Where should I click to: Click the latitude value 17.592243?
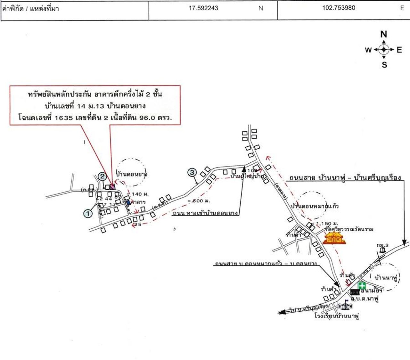[x=203, y=8]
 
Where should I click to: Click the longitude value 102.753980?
[x=339, y=8]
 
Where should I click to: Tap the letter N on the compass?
[x=383, y=34]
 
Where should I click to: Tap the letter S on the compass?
[x=384, y=65]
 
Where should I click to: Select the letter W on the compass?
[x=368, y=50]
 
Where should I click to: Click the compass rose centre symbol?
[x=384, y=50]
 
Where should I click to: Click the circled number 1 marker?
[x=88, y=213]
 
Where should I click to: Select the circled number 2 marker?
[x=102, y=176]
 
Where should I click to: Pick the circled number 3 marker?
[x=192, y=173]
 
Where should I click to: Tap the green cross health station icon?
[x=362, y=285]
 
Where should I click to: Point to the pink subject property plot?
[x=112, y=187]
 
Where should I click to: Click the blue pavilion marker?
[x=128, y=202]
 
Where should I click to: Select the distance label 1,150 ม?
[x=327, y=224]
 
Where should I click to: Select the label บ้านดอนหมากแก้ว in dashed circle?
[x=315, y=206]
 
